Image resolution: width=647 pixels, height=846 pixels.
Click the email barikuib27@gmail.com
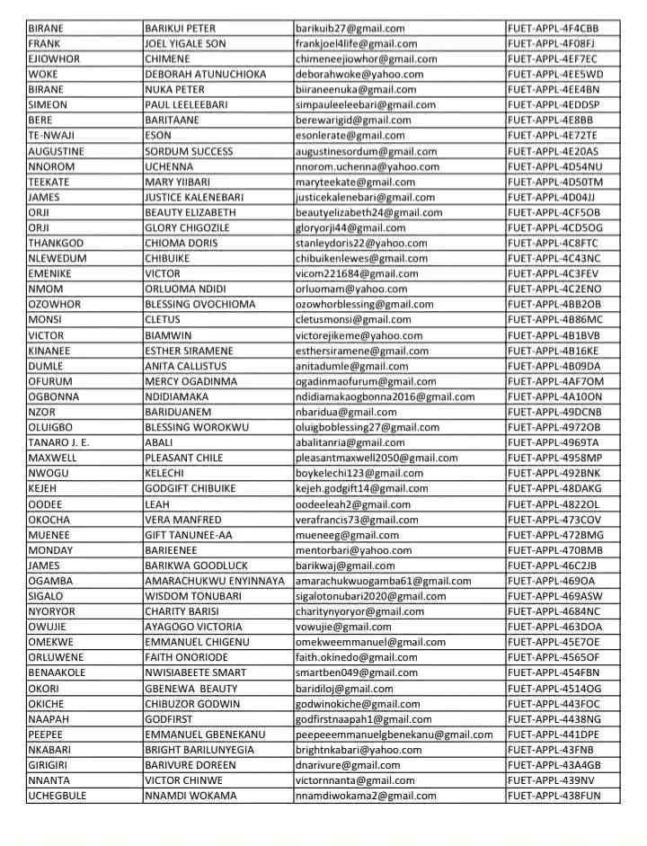coord(350,28)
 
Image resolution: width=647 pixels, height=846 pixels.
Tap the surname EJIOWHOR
coord(54,58)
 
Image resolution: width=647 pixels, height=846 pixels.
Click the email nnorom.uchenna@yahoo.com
coord(355,166)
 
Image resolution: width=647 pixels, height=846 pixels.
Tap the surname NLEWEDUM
coord(58,258)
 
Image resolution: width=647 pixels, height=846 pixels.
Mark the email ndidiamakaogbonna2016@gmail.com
coord(386,396)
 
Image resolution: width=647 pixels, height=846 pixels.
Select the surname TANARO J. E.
coord(59,442)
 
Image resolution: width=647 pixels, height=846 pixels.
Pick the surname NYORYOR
coord(51,611)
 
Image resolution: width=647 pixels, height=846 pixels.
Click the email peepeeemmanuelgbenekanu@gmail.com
coord(394,735)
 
